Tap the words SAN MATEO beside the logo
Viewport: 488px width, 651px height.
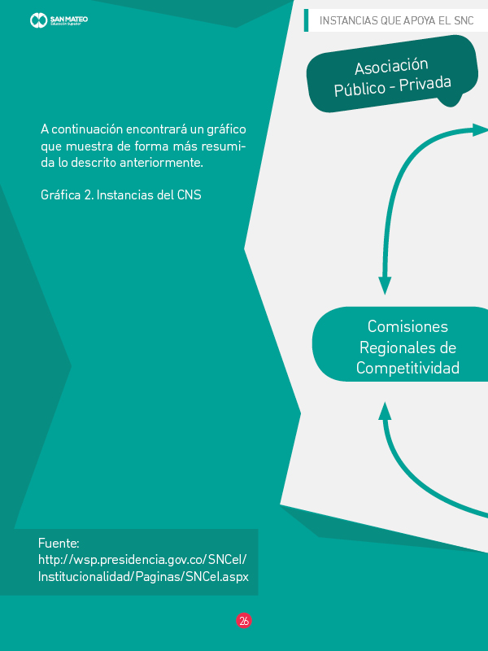69,17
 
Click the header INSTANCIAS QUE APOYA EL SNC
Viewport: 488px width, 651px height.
397,20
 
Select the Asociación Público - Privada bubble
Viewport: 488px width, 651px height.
390,77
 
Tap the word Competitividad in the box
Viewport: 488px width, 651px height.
407,369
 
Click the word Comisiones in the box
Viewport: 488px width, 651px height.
407,326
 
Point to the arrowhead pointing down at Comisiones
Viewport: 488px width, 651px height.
385,286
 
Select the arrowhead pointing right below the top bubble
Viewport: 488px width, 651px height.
480,129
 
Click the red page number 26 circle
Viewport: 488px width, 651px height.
244,621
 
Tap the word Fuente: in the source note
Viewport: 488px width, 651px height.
58,543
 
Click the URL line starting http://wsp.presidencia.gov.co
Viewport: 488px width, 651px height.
142,559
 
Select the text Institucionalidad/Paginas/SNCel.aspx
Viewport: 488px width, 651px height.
142,576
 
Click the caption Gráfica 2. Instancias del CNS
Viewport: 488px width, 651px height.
120,196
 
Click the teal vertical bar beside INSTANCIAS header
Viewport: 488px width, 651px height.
306,20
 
